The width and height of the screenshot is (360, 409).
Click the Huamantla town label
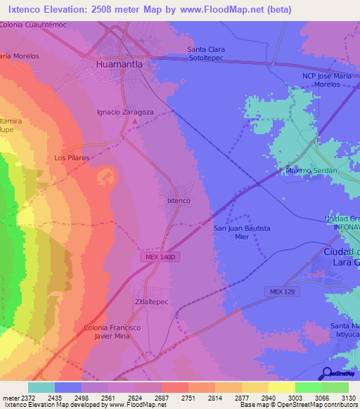(x=119, y=64)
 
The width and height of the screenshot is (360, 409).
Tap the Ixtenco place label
(x=179, y=200)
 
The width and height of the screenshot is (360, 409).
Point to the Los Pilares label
(x=72, y=158)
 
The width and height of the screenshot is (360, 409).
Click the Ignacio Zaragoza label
(x=124, y=112)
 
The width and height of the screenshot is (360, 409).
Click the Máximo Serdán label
(x=312, y=171)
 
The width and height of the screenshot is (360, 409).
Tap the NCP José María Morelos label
(x=330, y=80)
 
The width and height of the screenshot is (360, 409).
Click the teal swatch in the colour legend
(x=41, y=387)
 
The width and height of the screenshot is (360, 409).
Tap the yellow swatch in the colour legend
(x=281, y=387)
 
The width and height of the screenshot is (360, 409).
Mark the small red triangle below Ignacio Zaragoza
(x=135, y=122)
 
